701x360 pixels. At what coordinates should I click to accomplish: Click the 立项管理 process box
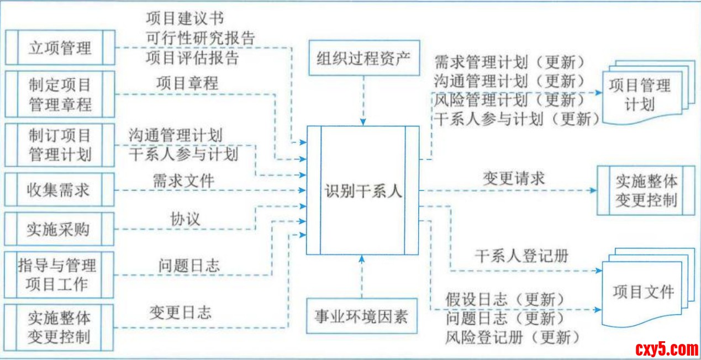coord(60,47)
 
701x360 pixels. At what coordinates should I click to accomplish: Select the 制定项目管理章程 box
coord(60,94)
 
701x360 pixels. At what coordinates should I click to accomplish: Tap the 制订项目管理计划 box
coord(60,144)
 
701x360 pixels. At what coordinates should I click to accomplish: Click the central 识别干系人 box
coord(363,190)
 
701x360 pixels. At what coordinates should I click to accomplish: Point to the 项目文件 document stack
coord(644,292)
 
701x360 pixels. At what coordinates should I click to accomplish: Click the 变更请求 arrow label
coord(514,178)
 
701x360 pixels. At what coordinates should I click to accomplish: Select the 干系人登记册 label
coord(521,256)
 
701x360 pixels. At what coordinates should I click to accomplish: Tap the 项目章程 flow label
coord(187,83)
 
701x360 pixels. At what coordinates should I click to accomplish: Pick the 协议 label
coord(185,218)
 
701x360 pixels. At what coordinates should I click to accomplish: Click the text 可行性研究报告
coord(201,38)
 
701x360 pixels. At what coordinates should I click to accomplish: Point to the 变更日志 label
coord(180,313)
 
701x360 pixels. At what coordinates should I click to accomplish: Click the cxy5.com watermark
coord(666,349)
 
